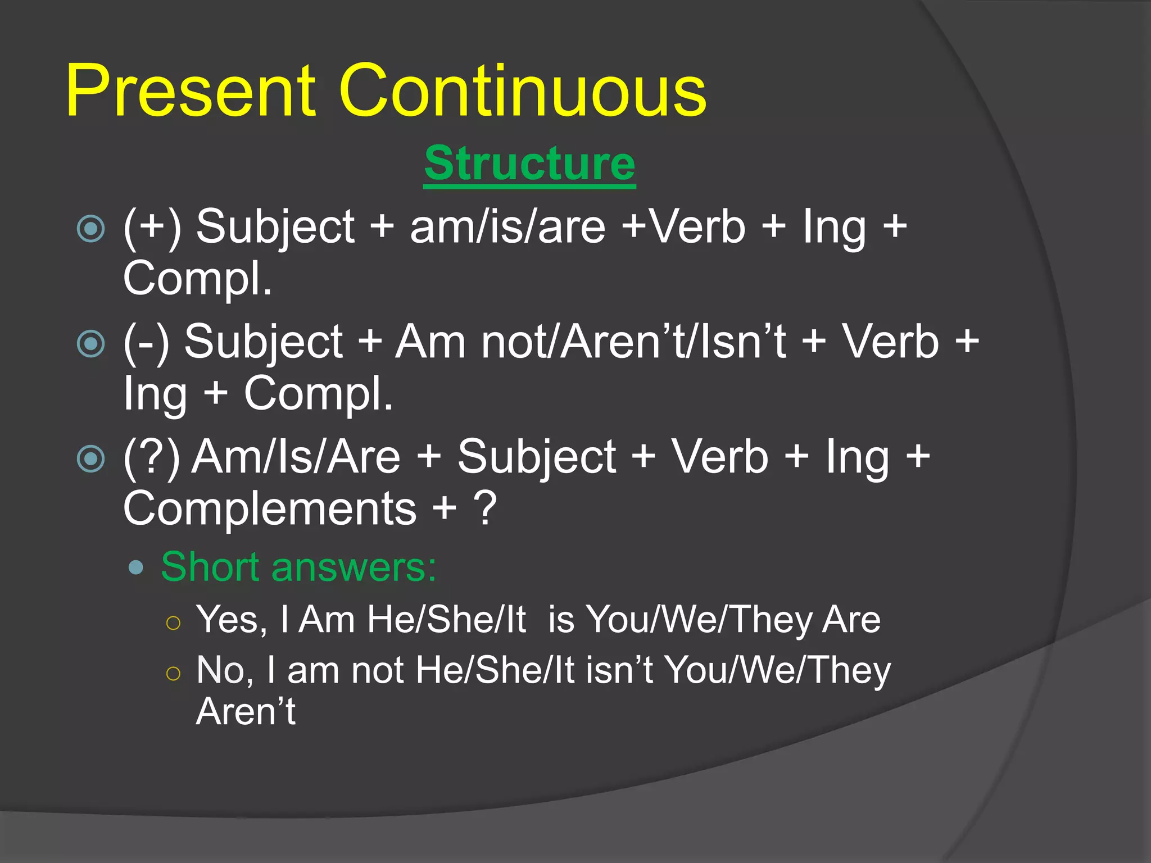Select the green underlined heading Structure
click(529, 163)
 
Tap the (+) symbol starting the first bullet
click(152, 227)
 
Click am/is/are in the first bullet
click(507, 227)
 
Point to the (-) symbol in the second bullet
click(146, 342)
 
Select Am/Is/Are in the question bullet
click(296, 457)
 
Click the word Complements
click(270, 509)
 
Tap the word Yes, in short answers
click(231, 620)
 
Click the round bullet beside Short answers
click(136, 567)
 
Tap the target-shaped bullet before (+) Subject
click(91, 229)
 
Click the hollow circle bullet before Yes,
click(174, 623)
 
